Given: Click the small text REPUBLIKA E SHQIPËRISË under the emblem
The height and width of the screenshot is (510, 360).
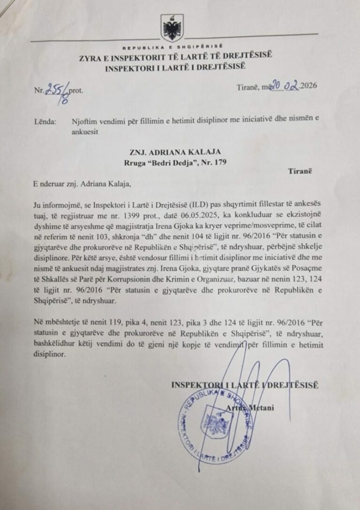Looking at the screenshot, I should (172, 48).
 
